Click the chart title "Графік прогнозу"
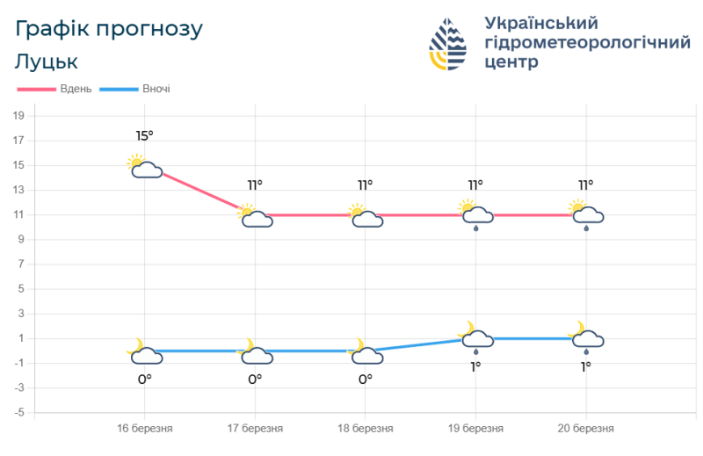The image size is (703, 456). click(109, 29)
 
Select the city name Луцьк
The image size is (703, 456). click(47, 62)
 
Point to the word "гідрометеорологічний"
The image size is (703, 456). click(587, 43)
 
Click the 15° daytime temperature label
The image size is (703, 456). click(144, 136)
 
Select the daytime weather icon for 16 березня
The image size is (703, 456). click(145, 166)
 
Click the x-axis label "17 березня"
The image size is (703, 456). click(255, 429)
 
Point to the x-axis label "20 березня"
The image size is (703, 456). click(586, 429)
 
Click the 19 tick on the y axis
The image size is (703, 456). click(18, 116)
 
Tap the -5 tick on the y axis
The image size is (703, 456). click(18, 412)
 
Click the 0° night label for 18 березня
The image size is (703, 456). click(365, 379)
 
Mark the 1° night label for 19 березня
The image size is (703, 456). click(475, 366)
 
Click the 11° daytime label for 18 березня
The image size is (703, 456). click(365, 185)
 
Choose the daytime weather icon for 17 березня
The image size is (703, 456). click(255, 216)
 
